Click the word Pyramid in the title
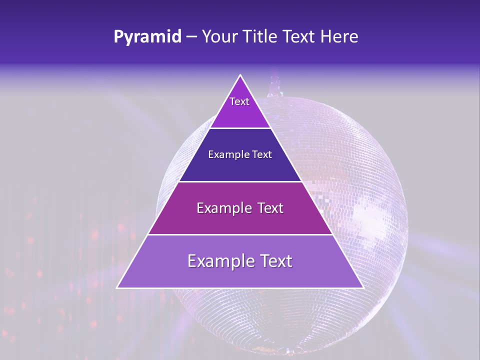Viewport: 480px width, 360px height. pyautogui.click(x=147, y=36)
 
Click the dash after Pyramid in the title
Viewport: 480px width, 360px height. pyautogui.click(x=191, y=37)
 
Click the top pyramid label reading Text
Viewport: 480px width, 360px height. pyautogui.click(x=239, y=101)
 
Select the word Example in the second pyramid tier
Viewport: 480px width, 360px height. pyautogui.click(x=227, y=154)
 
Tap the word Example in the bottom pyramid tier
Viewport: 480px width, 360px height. pyautogui.click(x=220, y=261)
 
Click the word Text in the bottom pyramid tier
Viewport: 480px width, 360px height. pyautogui.click(x=275, y=261)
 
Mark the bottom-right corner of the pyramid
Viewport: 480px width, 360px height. pyautogui.click(x=362, y=287)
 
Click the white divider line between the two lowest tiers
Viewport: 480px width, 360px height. pyautogui.click(x=240, y=234)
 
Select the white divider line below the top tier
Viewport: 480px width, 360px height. pyautogui.click(x=240, y=128)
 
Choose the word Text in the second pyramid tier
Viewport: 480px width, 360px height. pyautogui.click(x=260, y=154)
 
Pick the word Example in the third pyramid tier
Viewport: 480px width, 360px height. pyautogui.click(x=218, y=208)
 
